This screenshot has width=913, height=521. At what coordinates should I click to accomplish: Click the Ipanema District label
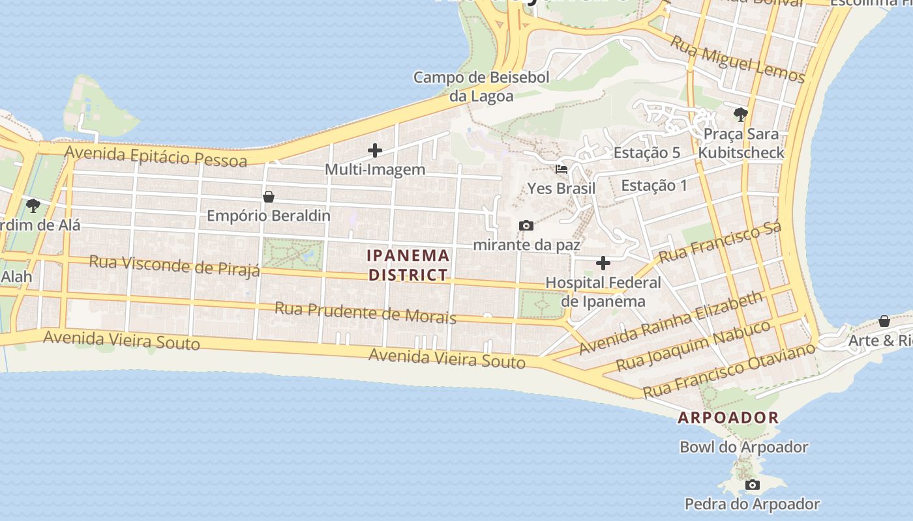point(408,265)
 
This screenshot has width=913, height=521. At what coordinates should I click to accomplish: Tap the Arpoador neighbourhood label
point(728,418)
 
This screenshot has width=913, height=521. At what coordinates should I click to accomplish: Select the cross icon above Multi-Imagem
point(375,150)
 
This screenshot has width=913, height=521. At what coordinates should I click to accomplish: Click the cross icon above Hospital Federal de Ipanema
point(603,263)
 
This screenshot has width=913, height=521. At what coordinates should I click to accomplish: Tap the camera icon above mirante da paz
point(526,226)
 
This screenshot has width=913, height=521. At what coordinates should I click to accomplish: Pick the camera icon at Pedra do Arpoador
point(753,485)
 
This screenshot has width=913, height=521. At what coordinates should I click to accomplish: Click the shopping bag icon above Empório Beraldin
point(268,197)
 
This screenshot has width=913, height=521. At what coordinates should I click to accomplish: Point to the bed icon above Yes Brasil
point(561,169)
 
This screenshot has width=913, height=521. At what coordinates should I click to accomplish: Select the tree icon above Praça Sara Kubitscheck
point(740,115)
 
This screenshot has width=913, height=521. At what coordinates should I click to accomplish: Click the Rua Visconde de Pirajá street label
point(174,265)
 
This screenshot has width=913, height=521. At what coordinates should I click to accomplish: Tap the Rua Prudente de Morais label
point(365,313)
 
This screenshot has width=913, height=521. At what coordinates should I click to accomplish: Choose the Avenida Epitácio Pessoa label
point(156,156)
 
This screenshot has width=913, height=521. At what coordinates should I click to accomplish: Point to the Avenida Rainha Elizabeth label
point(670,323)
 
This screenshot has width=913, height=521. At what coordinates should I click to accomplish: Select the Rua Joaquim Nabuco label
point(693,345)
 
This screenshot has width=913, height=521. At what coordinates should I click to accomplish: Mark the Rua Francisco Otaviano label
point(729,370)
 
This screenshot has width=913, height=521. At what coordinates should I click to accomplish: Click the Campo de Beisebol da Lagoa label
point(481,87)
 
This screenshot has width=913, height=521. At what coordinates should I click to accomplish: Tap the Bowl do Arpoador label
point(743,447)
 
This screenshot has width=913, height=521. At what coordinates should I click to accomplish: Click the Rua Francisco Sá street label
point(719,243)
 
